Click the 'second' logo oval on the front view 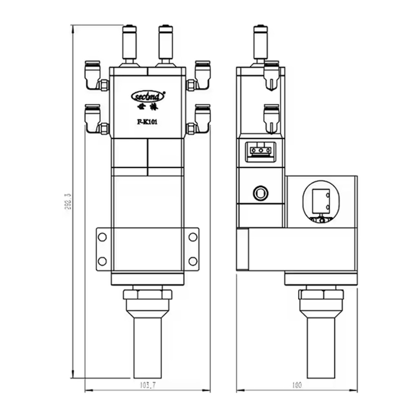pos(147,95)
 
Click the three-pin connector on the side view pos(258,150)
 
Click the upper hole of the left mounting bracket pos(102,237)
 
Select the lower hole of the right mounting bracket pos(192,261)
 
